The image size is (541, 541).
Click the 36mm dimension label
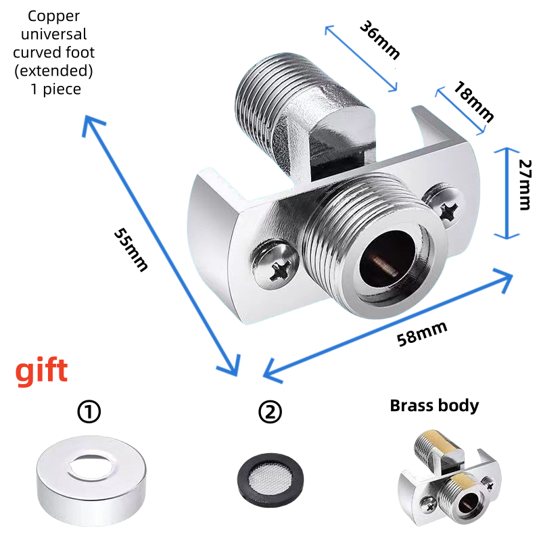(379, 40)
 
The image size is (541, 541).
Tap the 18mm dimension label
(473, 101)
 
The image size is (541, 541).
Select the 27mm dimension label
(525, 185)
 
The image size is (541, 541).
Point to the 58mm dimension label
(421, 333)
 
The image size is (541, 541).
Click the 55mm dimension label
(131, 250)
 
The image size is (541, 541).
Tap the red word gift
(41, 371)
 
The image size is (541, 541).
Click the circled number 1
(89, 411)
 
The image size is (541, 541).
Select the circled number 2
(270, 411)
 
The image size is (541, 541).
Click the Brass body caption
(434, 405)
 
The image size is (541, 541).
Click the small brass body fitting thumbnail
(450, 478)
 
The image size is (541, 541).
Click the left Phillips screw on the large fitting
(275, 265)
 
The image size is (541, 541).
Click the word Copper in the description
(53, 16)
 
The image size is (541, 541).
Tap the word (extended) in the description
(53, 71)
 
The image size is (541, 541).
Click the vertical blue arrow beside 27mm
(507, 193)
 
